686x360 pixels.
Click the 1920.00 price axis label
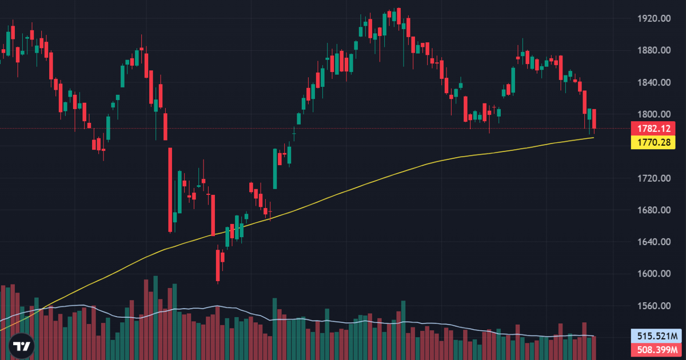[x=654, y=19]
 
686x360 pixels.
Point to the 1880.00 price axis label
[x=654, y=50]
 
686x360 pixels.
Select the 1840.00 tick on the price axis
[x=654, y=83]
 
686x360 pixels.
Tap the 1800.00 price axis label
[x=654, y=114]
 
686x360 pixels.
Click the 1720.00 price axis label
[x=654, y=178]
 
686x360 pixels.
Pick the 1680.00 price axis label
[x=654, y=210]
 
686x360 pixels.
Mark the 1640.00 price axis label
[x=654, y=242]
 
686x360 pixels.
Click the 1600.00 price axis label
[x=654, y=274]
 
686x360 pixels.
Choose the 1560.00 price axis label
[x=654, y=306]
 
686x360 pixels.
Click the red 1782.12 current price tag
[x=653, y=129]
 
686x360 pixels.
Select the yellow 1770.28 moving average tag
[x=653, y=142]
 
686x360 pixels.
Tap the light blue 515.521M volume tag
[x=657, y=336]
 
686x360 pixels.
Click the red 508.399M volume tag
[x=657, y=350]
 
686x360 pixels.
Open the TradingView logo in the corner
[x=22, y=346]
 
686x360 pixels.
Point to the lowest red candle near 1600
[x=218, y=265]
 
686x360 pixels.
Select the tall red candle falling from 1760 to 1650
[x=170, y=190]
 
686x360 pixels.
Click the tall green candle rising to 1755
[x=275, y=169]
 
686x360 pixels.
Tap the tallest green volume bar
[x=155, y=318]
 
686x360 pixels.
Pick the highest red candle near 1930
[x=399, y=16]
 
